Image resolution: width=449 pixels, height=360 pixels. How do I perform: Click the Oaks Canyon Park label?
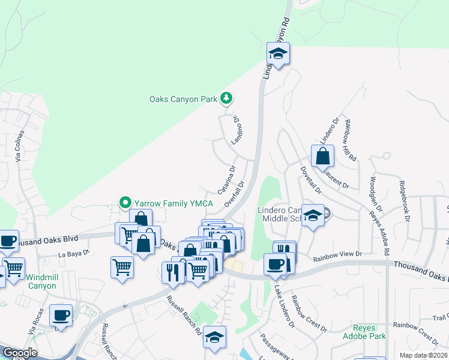[x=182, y=99]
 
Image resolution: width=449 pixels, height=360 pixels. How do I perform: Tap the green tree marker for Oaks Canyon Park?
[x=226, y=97]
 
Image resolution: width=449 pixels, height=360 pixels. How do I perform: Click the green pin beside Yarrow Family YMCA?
[x=125, y=203]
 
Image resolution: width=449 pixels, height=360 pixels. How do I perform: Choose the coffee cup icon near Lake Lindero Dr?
[x=276, y=264]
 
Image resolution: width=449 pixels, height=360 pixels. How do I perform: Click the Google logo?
[x=20, y=353]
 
